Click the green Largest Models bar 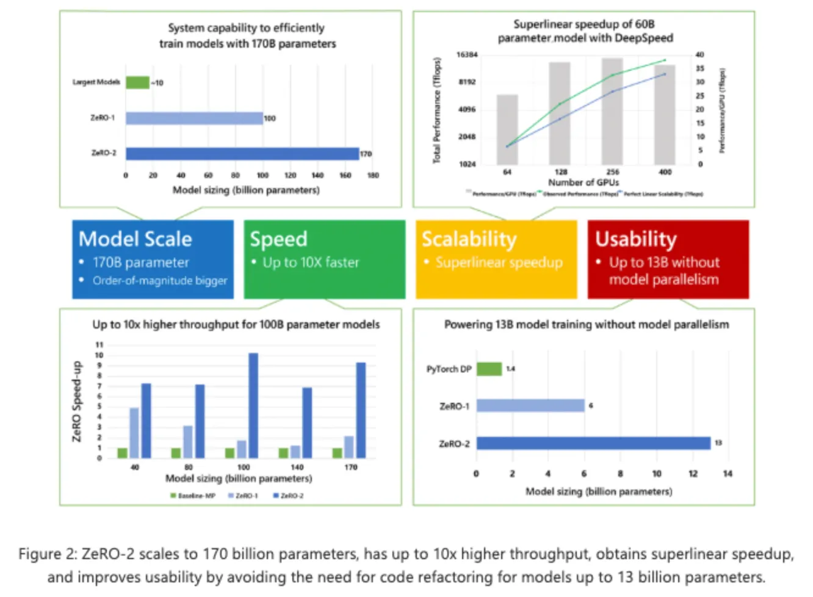(137, 82)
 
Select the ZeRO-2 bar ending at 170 (242, 153)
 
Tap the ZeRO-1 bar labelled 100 (194, 118)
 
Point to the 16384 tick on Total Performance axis (467, 55)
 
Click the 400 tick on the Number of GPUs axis (665, 172)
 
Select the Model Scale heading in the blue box (135, 239)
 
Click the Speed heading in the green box (278, 239)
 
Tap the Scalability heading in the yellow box (469, 239)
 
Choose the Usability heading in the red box (635, 239)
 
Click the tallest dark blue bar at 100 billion (253, 405)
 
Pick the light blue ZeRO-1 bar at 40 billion (134, 432)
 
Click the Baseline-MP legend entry (193, 496)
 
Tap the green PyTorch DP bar (489, 369)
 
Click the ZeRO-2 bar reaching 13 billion (593, 443)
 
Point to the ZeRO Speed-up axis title (77, 401)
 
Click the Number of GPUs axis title (584, 183)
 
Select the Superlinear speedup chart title (585, 31)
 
